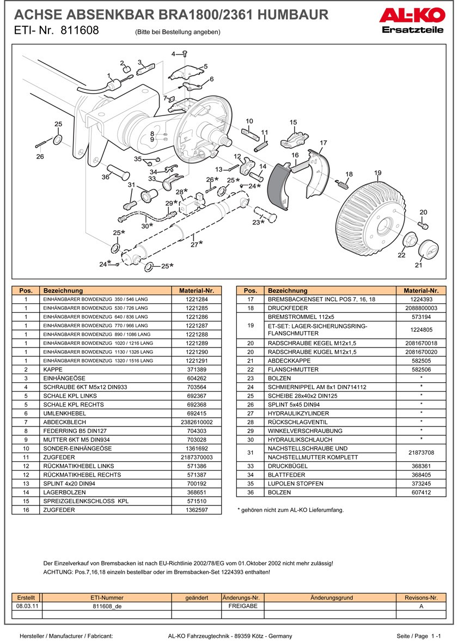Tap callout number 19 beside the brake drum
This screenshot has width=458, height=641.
click(377, 173)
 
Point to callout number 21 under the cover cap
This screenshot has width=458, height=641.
click(418, 266)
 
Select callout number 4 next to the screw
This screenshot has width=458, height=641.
click(174, 54)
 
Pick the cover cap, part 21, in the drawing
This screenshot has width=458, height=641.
click(428, 250)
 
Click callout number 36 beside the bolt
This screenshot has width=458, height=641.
click(106, 176)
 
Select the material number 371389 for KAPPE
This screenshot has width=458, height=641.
click(197, 369)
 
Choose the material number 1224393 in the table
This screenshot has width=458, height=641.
click(421, 300)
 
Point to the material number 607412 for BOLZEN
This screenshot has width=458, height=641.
click(421, 492)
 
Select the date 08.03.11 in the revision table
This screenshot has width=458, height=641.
click(26, 606)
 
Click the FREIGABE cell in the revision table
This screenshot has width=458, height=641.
click(243, 606)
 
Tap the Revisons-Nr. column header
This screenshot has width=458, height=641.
click(421, 597)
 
